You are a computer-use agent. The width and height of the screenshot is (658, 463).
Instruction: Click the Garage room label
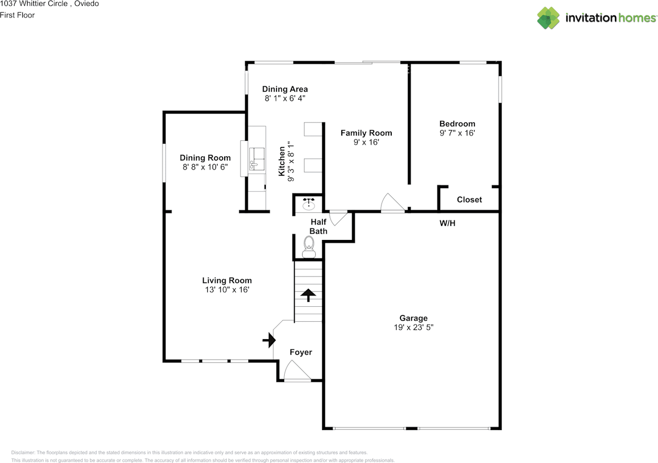click(413, 318)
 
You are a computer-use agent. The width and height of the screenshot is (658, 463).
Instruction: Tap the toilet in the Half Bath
click(309, 247)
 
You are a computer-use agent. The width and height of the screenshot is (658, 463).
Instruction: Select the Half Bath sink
click(309, 203)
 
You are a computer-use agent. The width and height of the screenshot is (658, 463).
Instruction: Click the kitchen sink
click(257, 159)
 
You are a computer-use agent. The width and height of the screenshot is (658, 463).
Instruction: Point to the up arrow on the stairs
click(308, 295)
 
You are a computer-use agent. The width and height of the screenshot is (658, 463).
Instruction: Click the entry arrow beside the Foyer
click(269, 340)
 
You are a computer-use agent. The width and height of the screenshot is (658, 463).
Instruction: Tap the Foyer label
click(301, 352)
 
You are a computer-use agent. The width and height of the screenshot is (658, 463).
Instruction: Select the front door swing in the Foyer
click(297, 370)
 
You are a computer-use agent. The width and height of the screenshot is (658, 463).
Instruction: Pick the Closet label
click(469, 200)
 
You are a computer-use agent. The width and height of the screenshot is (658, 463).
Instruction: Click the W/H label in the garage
click(447, 223)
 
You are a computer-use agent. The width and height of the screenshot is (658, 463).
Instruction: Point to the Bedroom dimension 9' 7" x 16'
click(457, 133)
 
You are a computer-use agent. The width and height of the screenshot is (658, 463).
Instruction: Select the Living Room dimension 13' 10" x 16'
click(227, 290)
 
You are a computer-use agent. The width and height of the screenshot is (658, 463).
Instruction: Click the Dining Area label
click(285, 89)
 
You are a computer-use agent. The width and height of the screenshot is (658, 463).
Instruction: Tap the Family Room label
click(367, 133)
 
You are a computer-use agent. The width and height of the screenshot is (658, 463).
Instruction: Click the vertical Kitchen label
click(281, 161)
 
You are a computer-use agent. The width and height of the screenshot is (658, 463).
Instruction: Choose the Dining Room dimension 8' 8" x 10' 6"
click(205, 167)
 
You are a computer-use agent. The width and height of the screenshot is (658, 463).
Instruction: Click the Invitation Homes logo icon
click(548, 18)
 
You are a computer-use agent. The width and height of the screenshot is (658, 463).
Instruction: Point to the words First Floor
click(17, 15)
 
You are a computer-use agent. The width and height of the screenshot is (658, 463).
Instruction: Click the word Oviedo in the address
click(86, 4)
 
